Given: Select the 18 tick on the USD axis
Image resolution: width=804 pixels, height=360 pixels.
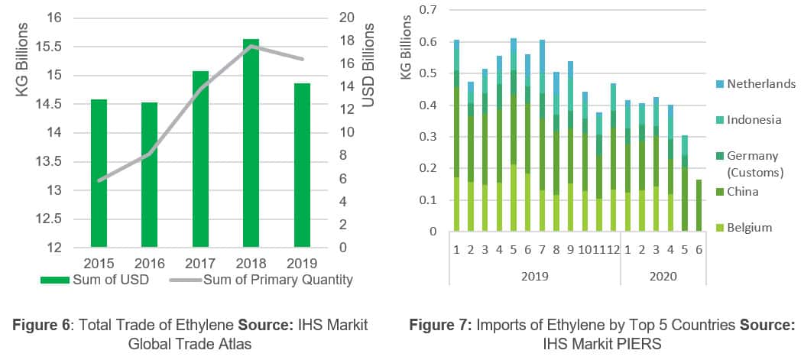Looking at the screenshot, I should pos(345,41).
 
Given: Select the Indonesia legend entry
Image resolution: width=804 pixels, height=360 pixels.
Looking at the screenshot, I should pos(754,120).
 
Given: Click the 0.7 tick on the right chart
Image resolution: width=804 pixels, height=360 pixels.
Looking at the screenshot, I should pos(436,10).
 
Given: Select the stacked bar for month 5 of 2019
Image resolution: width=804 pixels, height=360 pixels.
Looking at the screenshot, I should pos(514,135).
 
